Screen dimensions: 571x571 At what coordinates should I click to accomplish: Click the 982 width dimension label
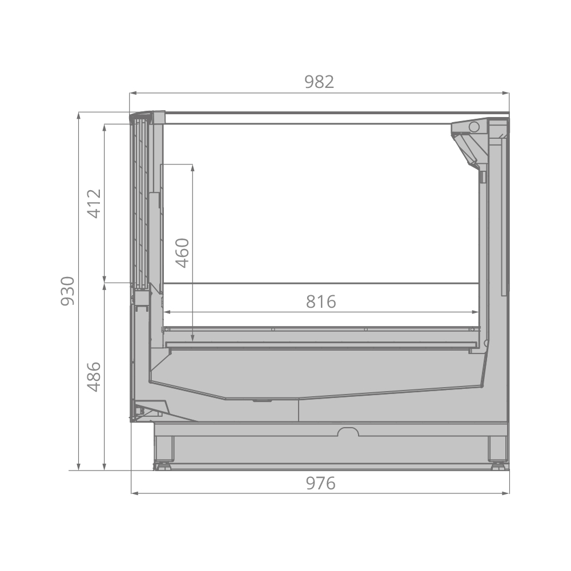(319, 82)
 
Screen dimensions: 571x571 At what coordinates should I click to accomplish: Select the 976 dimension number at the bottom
(320, 483)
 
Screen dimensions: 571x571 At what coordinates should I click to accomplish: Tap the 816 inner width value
(321, 301)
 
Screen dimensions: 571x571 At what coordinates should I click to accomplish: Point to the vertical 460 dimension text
(182, 253)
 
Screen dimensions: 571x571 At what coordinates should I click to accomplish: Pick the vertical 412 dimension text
(94, 204)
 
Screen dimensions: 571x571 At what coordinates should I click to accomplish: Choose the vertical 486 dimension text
(94, 377)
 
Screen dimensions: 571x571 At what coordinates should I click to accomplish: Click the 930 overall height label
(68, 291)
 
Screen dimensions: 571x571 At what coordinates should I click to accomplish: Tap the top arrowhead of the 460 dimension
(192, 168)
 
